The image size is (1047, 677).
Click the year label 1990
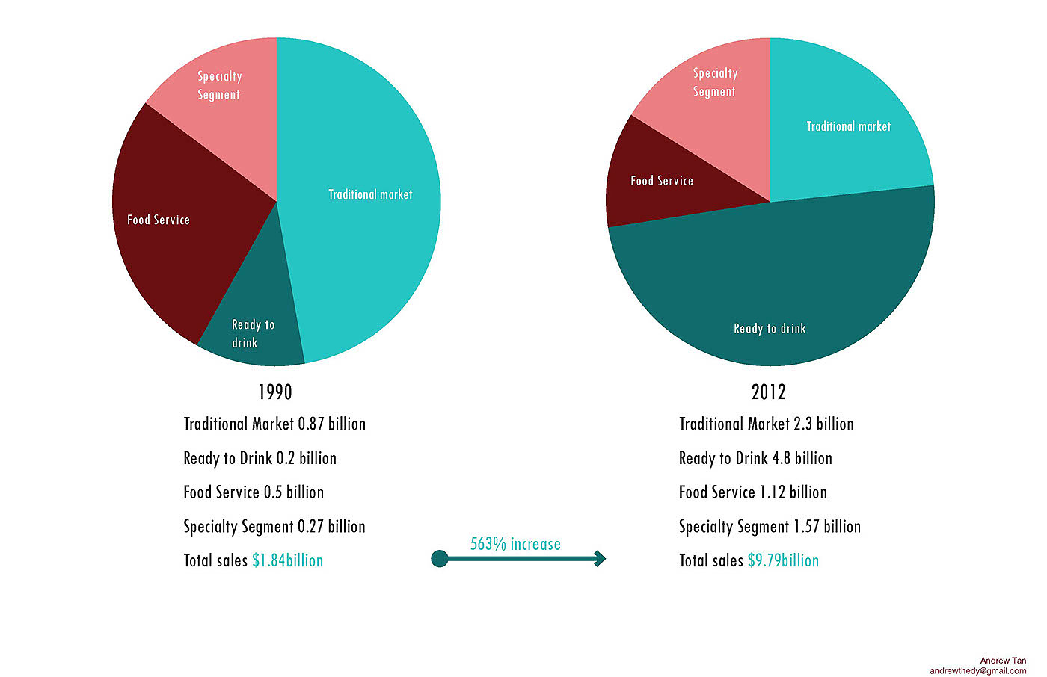[x=275, y=392]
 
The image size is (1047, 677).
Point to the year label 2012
[x=769, y=392]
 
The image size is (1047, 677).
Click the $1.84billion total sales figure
[x=288, y=560]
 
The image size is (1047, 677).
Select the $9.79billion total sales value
[x=783, y=560]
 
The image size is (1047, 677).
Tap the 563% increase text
[x=515, y=544]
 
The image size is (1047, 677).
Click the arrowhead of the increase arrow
[x=599, y=558]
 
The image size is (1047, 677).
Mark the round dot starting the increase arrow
[x=440, y=558]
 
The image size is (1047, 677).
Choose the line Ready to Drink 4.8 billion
[x=755, y=458]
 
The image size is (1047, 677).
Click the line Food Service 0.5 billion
[x=254, y=492]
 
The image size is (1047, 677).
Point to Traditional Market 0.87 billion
[x=274, y=424]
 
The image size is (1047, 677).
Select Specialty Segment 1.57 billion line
[x=770, y=527]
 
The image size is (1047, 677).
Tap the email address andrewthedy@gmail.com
[x=977, y=671]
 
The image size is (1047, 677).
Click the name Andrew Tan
[x=1003, y=661]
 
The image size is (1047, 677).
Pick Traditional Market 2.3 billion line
[x=766, y=424]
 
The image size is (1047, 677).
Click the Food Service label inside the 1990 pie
[x=159, y=220]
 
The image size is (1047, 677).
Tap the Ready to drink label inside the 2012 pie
[x=770, y=329]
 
